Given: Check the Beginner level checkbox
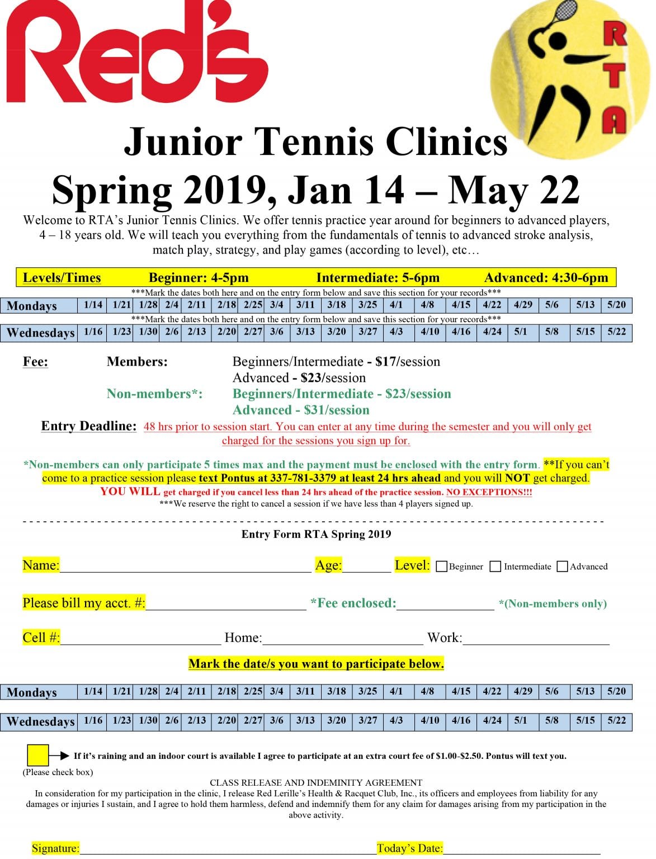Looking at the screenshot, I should coord(441,567).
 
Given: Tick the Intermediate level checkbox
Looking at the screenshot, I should coord(495,567).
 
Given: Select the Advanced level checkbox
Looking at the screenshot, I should coord(563,567).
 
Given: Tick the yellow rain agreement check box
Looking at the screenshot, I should coord(38,756).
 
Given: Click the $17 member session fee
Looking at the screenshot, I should coord(385,362).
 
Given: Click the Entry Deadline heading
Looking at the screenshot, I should coord(89,426).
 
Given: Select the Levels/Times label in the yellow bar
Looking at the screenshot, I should coord(62,278).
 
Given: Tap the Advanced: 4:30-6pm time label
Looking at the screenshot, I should coord(546,278).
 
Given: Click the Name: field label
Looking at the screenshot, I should coord(41,565).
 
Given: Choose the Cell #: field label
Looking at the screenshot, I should coord(41,638).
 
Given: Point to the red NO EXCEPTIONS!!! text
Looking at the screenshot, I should coord(489,492).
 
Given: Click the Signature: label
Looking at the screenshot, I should coord(55,848).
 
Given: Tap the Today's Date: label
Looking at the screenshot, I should coord(409,848).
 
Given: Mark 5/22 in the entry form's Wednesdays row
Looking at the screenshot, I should coord(616,720).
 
